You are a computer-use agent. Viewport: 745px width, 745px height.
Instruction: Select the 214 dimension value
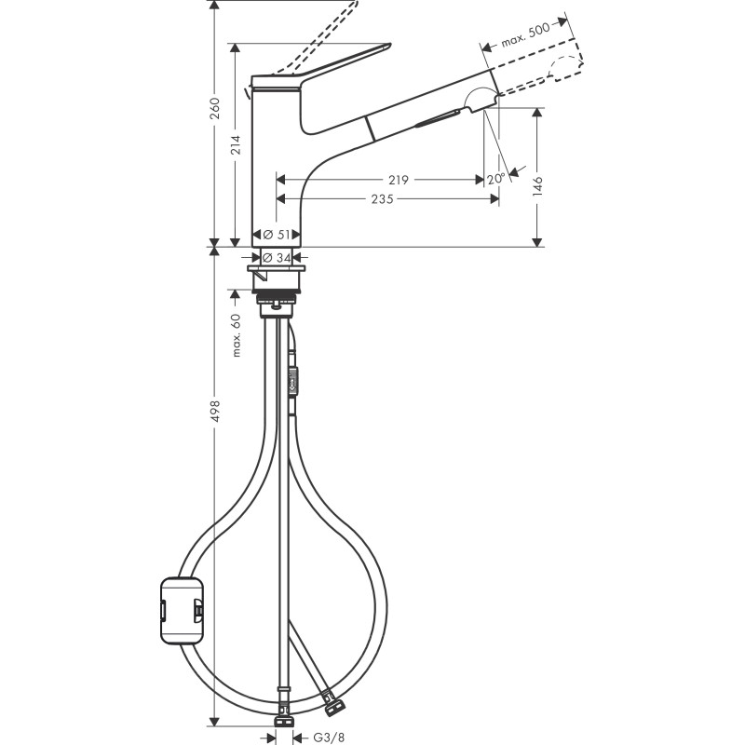pyautogui.click(x=237, y=144)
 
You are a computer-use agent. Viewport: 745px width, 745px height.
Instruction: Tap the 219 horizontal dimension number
pyautogui.click(x=399, y=180)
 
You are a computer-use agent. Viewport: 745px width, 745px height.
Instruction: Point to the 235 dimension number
pyautogui.click(x=383, y=199)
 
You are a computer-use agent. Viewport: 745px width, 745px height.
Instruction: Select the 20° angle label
pyautogui.click(x=495, y=179)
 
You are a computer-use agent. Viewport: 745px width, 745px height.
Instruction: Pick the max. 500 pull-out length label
pyautogui.click(x=525, y=34)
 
